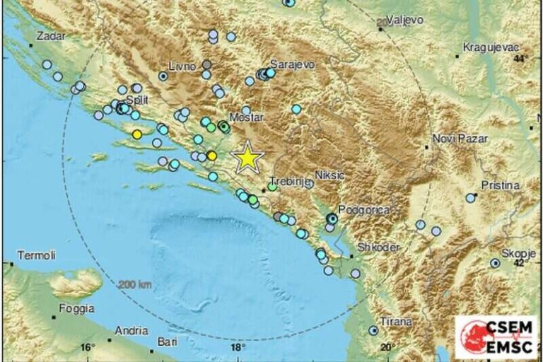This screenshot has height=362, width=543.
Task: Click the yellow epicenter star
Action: pyautogui.click(x=247, y=158)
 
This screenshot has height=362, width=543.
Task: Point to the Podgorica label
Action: pyautogui.click(x=360, y=209)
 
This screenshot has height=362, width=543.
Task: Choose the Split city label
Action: pyautogui.click(x=135, y=101)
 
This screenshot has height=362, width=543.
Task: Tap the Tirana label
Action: pyautogui.click(x=395, y=322)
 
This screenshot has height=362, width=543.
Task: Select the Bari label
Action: pyautogui.click(x=168, y=342)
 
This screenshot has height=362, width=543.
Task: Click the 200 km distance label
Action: pyautogui.click(x=134, y=284)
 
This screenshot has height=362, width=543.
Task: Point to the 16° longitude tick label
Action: pyautogui.click(x=87, y=348)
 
